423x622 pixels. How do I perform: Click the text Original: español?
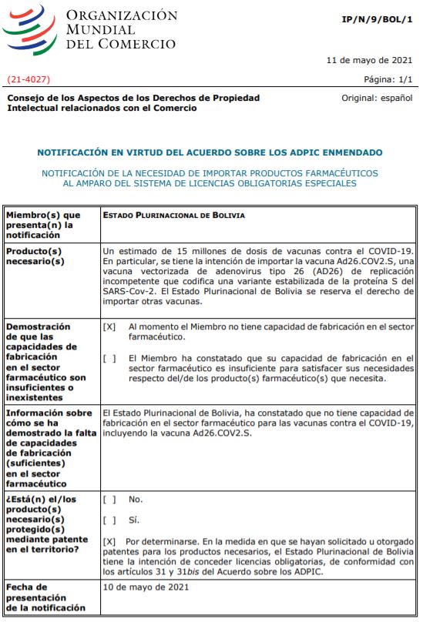(377, 99)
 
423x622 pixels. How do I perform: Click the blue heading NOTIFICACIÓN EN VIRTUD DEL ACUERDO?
(210, 152)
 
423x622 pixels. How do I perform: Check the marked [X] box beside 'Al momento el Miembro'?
(109, 326)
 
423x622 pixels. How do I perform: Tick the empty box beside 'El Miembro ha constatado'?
(109, 358)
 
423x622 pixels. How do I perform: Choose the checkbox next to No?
(109, 499)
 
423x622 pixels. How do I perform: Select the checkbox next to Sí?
(109, 520)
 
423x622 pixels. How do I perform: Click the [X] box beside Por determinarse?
(109, 541)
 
